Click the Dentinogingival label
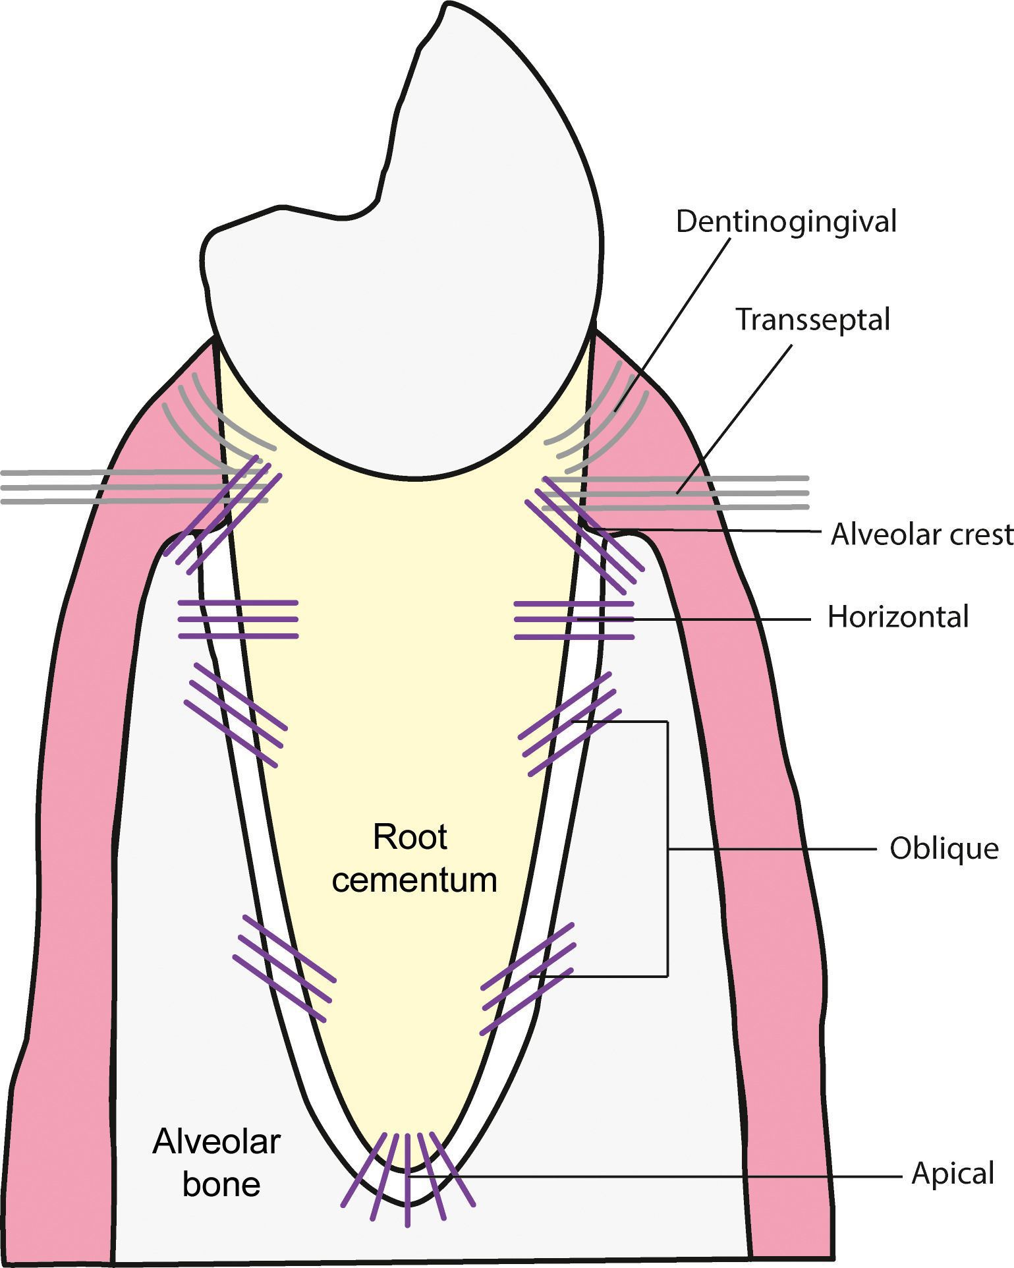[x=785, y=222]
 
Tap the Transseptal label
[x=812, y=320]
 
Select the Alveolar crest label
[x=921, y=534]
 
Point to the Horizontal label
[x=898, y=618]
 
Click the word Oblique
[x=944, y=849]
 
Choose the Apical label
[x=952, y=1174]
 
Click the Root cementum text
[x=413, y=859]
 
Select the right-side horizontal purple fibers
[x=573, y=620]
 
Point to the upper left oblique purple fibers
[x=236, y=714]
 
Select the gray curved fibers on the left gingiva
[x=211, y=422]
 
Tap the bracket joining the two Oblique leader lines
[x=668, y=849]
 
